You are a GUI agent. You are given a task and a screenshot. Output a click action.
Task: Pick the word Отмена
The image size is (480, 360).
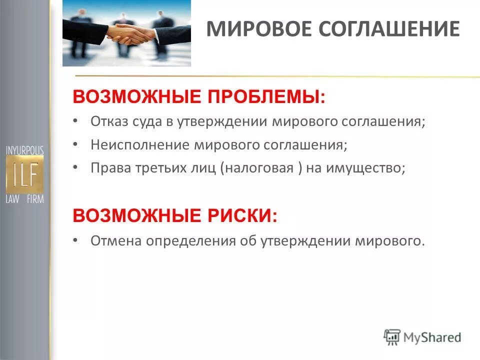coord(116,240)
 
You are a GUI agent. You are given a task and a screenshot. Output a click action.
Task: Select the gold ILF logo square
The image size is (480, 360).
coord(25,173)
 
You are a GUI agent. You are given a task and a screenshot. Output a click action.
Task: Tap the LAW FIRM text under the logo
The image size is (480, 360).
coord(25,199)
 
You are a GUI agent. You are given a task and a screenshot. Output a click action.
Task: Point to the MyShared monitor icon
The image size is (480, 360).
coord(392,337)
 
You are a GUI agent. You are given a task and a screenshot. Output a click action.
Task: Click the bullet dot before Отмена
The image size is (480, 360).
coord(75,240)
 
